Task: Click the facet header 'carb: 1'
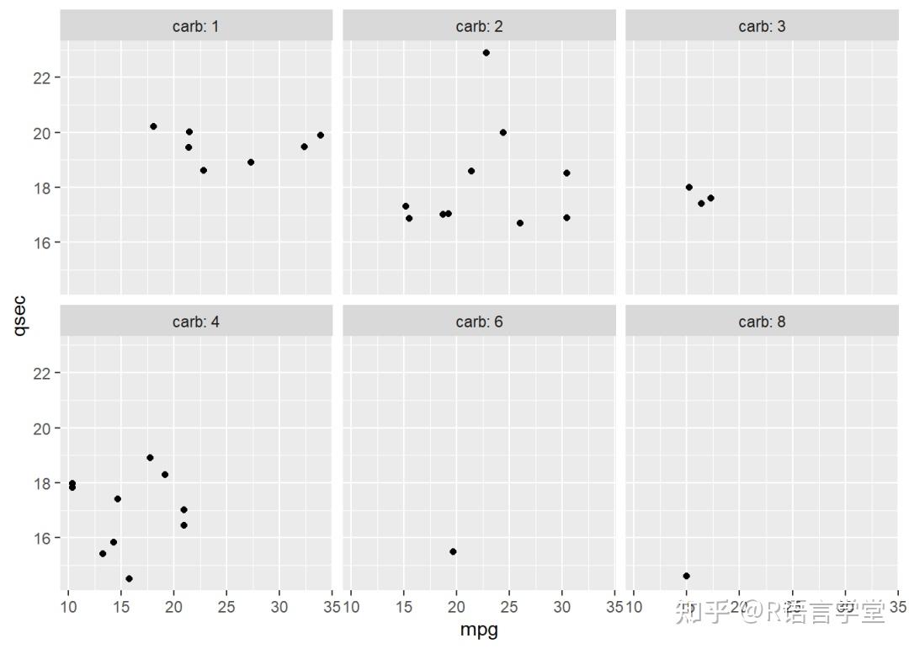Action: click(x=195, y=27)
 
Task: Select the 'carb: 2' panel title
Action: click(x=479, y=27)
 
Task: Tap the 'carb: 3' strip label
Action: click(x=762, y=27)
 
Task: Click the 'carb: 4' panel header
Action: click(x=195, y=322)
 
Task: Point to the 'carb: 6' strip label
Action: click(x=479, y=322)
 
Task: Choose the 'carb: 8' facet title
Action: click(x=762, y=322)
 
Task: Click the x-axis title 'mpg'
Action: click(x=479, y=630)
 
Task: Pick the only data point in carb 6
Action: click(x=453, y=551)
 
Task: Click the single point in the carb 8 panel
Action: click(x=686, y=576)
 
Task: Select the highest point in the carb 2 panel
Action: click(x=486, y=53)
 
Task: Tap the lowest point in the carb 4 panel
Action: click(x=129, y=578)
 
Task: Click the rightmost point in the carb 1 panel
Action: click(x=320, y=135)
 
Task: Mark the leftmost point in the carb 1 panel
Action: click(x=153, y=126)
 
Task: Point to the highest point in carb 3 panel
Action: click(x=688, y=187)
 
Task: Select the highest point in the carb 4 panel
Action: click(x=150, y=458)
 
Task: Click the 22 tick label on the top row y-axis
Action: click(x=44, y=77)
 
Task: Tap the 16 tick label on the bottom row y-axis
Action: click(x=44, y=538)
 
